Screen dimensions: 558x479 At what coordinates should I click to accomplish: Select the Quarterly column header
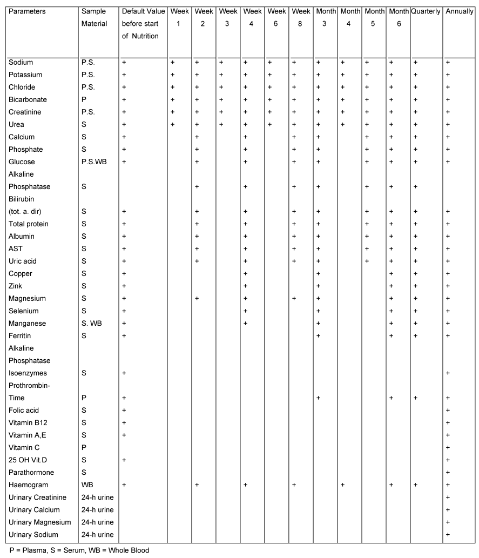pos(426,11)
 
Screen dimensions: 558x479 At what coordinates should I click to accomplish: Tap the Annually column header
pos(460,11)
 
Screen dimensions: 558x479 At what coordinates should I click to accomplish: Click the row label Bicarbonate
pos(28,99)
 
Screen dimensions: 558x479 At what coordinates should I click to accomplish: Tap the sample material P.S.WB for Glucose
pos(93,162)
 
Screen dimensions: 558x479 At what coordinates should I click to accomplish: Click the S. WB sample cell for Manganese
pos(91,323)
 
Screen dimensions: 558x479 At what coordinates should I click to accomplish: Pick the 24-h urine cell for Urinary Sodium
pos(97,534)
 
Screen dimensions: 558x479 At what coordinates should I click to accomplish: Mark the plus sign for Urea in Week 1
pos(173,124)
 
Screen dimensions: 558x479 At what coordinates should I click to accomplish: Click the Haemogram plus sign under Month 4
pos(342,485)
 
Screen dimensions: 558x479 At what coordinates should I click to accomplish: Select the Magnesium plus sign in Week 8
pos(294,298)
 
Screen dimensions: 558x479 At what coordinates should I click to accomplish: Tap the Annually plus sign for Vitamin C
pos(448,447)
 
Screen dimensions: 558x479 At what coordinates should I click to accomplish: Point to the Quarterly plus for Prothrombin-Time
pos(415,398)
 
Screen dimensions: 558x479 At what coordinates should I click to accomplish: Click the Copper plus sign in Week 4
pos(245,273)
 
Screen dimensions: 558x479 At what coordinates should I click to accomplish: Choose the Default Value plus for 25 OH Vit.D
pos(124,460)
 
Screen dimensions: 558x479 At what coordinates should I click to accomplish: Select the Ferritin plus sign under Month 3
pos(318,335)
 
